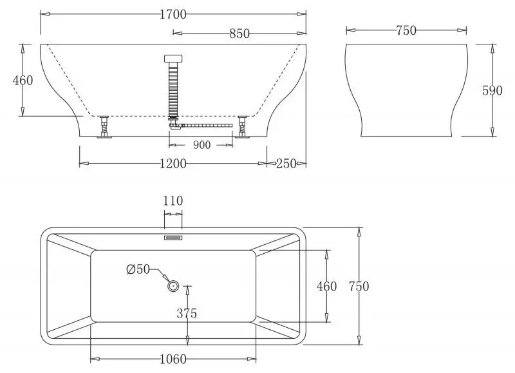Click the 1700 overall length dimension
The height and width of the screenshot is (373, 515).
point(173,12)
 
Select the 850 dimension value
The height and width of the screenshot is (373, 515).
point(239,33)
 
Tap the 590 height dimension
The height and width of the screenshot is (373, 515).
point(492,90)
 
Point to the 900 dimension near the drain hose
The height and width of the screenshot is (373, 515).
point(201,145)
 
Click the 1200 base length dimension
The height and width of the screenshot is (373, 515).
point(173,164)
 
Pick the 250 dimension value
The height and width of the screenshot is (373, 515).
point(286,164)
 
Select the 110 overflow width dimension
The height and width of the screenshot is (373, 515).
point(173,201)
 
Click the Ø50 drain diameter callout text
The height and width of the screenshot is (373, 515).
point(138,270)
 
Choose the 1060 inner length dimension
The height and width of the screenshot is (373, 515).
point(173,359)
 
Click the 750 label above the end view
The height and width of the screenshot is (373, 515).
point(406,30)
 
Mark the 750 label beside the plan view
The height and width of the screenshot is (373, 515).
point(358,286)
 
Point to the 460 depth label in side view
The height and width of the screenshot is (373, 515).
point(23,81)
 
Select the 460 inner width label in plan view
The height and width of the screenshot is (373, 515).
point(326,286)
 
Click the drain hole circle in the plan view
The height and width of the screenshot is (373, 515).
point(173,285)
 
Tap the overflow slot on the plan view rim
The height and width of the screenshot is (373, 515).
point(173,237)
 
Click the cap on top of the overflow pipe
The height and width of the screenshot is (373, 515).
point(173,58)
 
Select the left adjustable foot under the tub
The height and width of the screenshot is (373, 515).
point(104,127)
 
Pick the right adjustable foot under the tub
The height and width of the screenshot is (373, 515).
point(243,127)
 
